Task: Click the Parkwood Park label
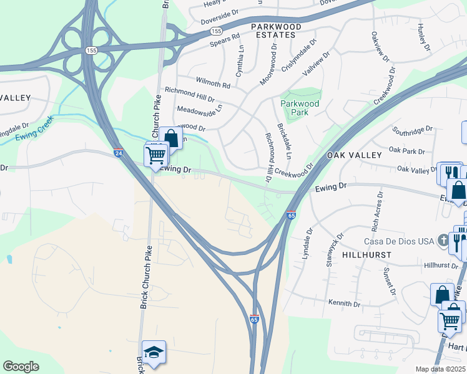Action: pos(300,108)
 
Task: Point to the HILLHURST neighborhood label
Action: pos(366,255)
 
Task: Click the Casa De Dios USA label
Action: pos(400,241)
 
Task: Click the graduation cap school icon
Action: pos(154,352)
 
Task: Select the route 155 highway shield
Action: pos(216,30)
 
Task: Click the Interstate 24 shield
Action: pos(118,152)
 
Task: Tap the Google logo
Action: pos(21,367)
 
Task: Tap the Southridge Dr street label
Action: pos(413,130)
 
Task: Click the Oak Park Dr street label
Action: pos(406,150)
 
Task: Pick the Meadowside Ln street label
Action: pos(200,109)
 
